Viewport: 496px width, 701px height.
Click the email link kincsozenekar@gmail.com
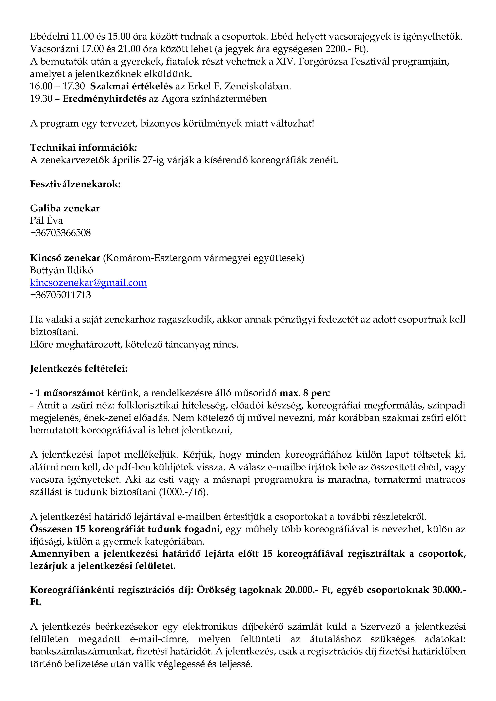click(88, 283)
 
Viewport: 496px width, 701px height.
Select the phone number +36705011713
click(60, 295)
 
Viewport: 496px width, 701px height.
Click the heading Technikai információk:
click(83, 147)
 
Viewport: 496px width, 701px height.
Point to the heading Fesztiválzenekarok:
click(75, 184)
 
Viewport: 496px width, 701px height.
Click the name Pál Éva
click(46, 220)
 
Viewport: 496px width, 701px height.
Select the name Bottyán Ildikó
click(61, 270)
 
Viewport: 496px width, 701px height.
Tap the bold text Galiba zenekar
click(65, 208)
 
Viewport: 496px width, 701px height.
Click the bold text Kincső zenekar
click(65, 258)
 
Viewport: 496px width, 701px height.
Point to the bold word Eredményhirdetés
click(104, 99)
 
